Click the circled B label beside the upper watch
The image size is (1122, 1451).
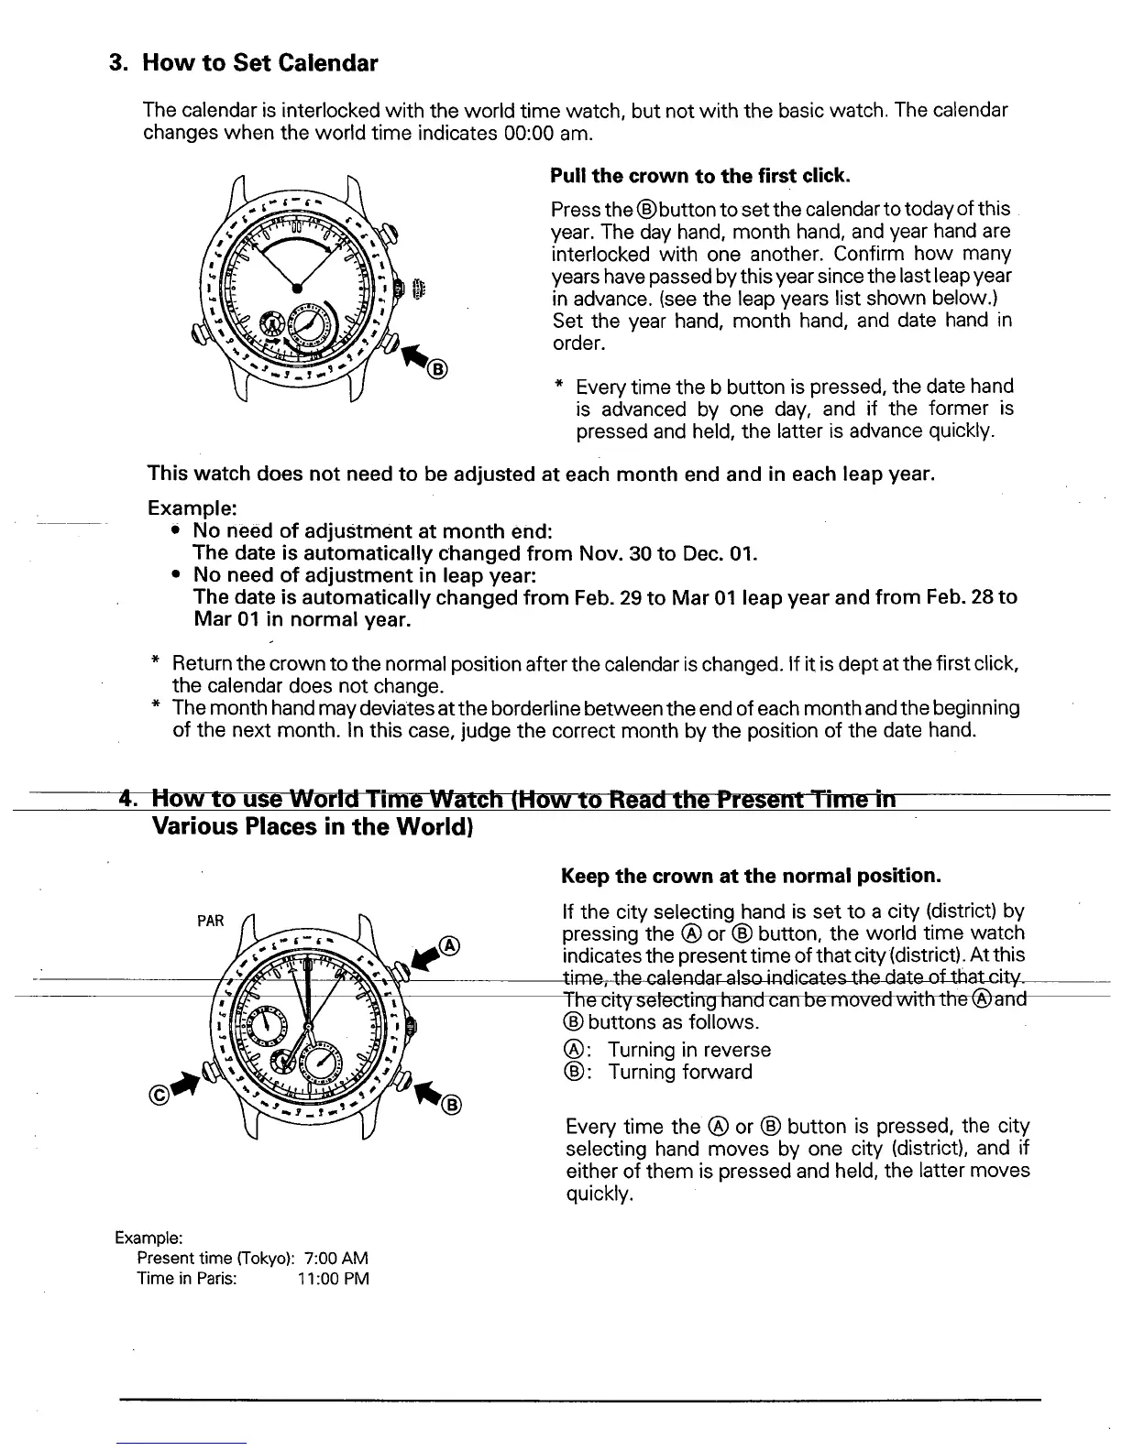point(437,370)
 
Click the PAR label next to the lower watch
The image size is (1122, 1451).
point(211,921)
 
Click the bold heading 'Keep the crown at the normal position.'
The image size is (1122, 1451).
point(751,876)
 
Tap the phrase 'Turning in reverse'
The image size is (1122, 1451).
point(689,1050)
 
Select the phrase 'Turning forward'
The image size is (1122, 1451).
point(680,1072)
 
